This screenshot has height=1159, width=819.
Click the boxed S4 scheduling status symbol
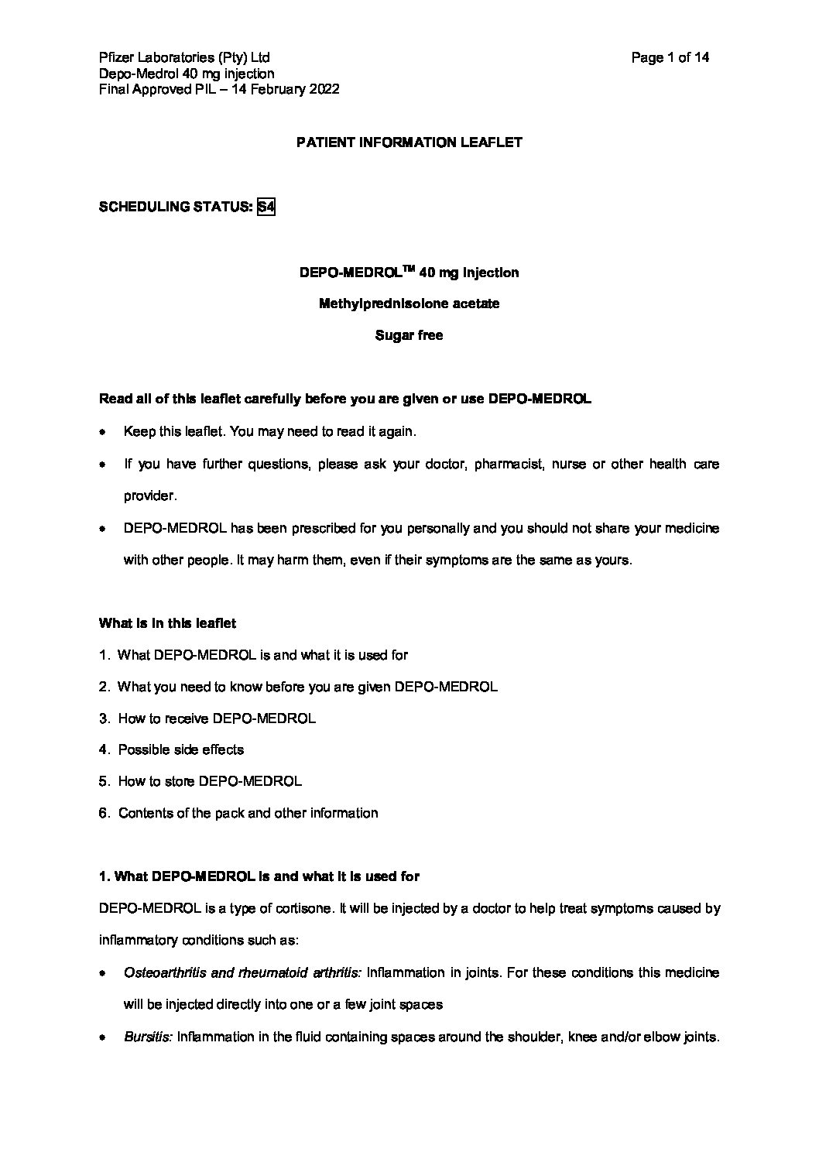(266, 207)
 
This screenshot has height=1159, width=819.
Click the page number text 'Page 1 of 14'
(670, 57)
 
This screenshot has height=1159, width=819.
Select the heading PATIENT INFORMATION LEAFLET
(409, 142)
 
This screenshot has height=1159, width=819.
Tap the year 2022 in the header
(324, 89)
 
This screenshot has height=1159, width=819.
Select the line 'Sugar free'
(409, 335)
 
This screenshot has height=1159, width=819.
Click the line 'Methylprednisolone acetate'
(409, 303)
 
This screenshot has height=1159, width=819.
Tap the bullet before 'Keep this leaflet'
(103, 432)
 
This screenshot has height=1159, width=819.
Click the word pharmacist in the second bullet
(506, 465)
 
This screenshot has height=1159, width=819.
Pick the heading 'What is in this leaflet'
(168, 622)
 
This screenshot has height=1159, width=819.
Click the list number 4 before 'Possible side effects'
(104, 749)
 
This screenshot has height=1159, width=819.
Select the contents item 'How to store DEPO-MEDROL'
(210, 781)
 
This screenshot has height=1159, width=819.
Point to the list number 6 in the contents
(104, 813)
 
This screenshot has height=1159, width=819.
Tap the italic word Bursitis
(148, 1037)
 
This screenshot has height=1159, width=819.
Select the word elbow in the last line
(665, 1037)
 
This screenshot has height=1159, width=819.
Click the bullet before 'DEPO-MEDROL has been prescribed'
(103, 529)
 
